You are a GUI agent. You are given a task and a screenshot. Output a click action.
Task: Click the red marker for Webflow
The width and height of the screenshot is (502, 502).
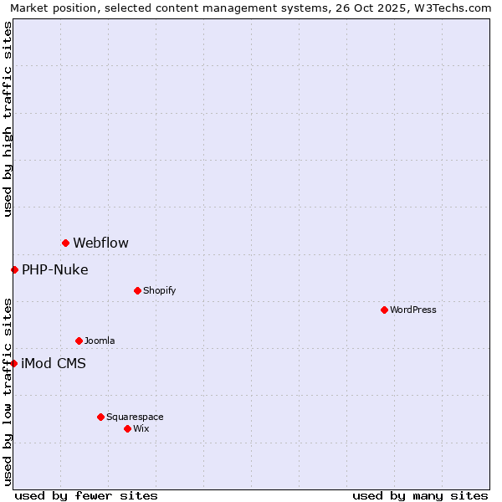(x=65, y=243)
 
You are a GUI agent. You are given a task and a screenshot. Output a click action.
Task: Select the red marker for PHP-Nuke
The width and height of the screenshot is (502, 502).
(x=14, y=269)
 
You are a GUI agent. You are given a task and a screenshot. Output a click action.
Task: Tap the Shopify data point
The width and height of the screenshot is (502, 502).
(x=137, y=290)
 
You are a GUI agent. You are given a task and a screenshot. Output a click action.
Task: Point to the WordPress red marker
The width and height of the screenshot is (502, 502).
(x=384, y=310)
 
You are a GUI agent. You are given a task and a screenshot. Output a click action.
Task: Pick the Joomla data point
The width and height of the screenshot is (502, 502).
(x=79, y=341)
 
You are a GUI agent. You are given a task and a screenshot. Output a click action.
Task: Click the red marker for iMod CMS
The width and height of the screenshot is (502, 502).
(x=14, y=363)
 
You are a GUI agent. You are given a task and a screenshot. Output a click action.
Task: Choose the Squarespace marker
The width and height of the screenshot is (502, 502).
(x=100, y=417)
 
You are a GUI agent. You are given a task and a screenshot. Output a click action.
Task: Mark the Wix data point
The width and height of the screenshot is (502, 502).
(x=127, y=428)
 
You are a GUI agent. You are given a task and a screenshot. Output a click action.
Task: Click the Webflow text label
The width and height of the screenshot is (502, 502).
(x=100, y=243)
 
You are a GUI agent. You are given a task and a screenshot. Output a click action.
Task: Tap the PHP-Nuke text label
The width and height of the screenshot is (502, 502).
(x=54, y=269)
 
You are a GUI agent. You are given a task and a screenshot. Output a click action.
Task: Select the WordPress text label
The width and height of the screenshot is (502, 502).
(x=412, y=310)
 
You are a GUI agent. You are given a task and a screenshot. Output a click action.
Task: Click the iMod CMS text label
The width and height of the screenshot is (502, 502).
(x=54, y=363)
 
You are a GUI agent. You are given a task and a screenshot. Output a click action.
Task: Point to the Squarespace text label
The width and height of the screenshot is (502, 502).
(x=135, y=417)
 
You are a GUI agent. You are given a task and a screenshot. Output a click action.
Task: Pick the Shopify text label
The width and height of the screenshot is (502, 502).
(x=159, y=290)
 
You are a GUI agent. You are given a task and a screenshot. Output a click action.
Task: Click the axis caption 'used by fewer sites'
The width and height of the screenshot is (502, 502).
(x=86, y=495)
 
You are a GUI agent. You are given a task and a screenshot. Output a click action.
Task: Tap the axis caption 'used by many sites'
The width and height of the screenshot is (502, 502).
(x=420, y=495)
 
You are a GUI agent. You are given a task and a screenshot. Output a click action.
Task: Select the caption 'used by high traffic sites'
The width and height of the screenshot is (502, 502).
(x=8, y=119)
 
